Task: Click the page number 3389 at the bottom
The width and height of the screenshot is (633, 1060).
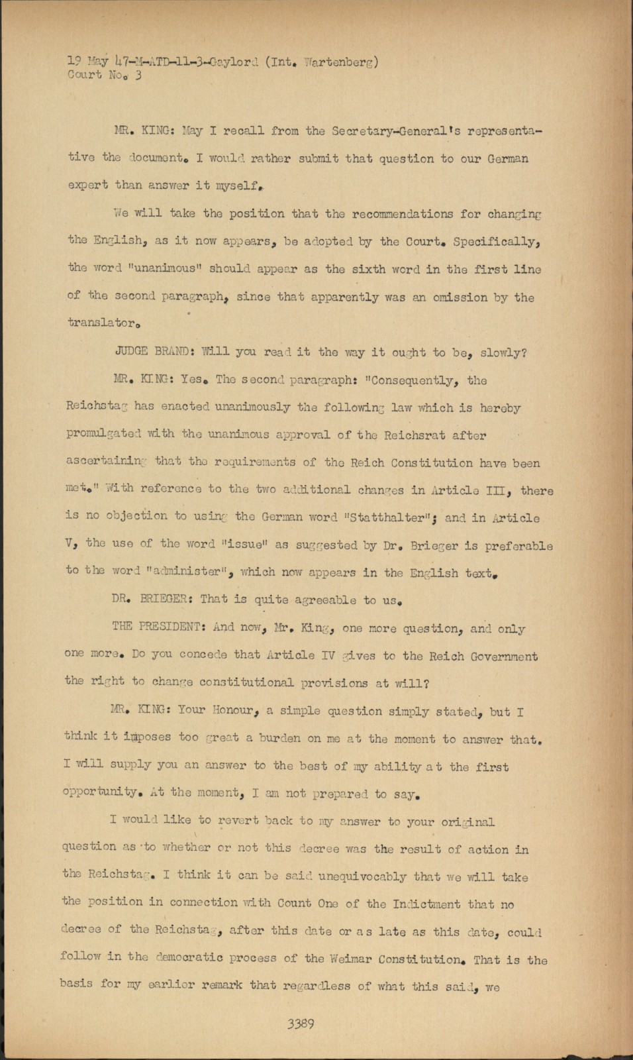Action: [x=300, y=1024]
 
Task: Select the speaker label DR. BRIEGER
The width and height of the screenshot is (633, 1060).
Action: [x=152, y=599]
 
